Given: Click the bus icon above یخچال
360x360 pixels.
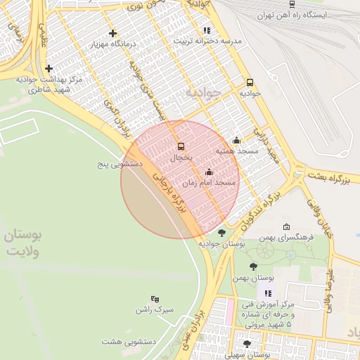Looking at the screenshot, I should tap(181, 147).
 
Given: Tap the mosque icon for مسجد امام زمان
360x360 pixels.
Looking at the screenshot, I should tap(208, 172).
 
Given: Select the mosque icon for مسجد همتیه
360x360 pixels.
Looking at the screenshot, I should tap(236, 140).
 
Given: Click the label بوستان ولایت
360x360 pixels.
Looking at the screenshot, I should tap(24, 243).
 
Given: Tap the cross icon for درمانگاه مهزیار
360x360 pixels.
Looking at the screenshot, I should tap(112, 33).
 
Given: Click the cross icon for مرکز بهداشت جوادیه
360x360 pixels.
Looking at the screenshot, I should tap(49, 68).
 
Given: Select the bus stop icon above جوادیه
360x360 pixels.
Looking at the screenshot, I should tap(250, 82).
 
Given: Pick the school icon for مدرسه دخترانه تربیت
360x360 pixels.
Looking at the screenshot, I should tap(206, 30).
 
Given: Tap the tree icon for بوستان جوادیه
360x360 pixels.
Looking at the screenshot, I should tap(221, 233).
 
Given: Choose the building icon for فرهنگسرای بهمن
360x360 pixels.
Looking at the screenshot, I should tap(286, 227).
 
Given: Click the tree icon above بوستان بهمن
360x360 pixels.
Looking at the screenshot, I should tap(253, 266).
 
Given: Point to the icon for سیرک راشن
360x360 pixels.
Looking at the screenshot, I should tap(155, 299).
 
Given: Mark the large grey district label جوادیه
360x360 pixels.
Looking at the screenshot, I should tap(202, 92).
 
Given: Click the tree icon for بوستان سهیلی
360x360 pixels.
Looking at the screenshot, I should tap(246, 344).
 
